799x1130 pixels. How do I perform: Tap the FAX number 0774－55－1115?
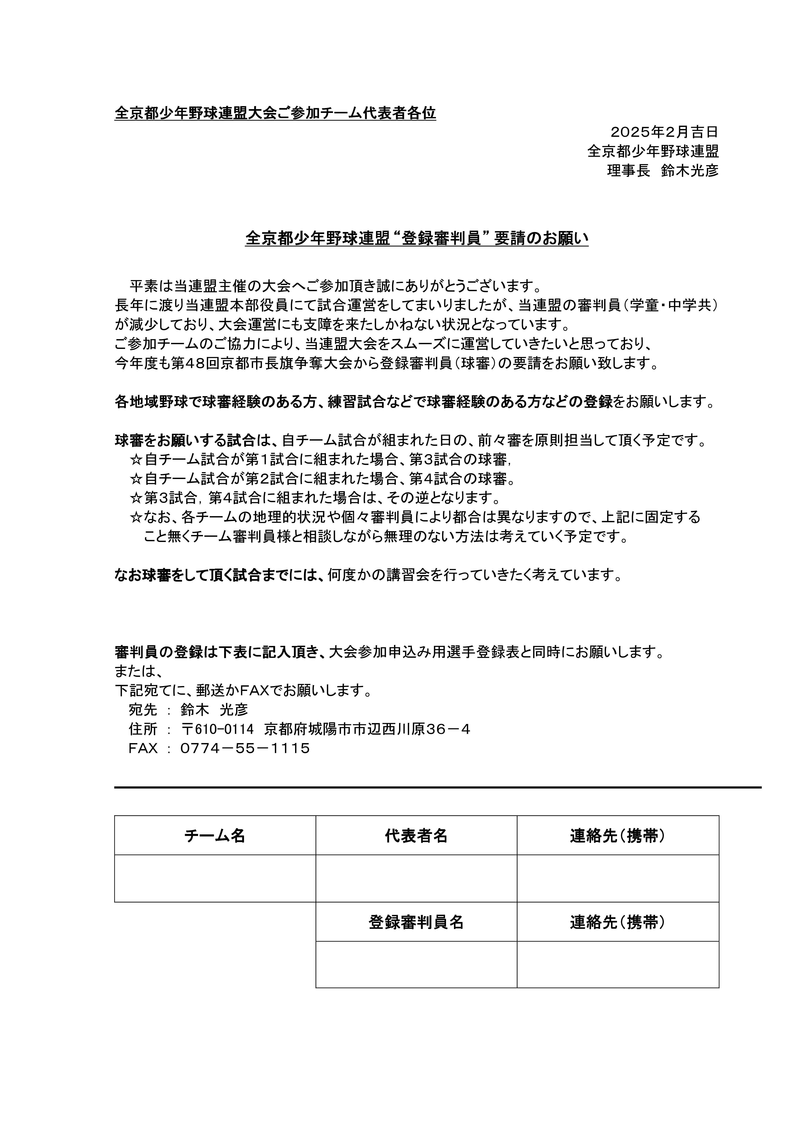click(245, 749)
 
